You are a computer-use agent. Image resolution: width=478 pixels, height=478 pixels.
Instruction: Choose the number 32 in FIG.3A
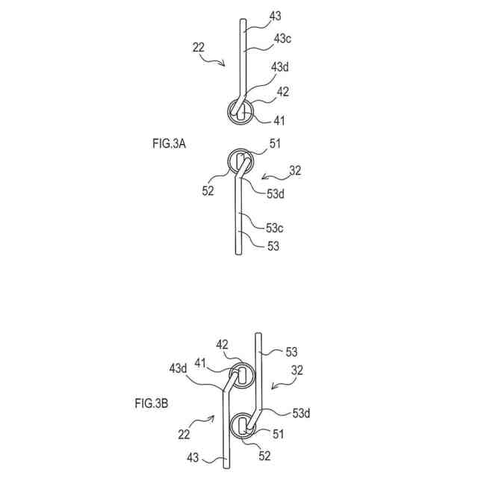295,170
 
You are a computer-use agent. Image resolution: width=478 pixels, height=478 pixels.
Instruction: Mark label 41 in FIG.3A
279,119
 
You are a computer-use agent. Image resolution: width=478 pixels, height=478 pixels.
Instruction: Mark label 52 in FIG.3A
208,190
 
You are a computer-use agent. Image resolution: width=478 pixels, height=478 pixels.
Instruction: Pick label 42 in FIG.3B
223,345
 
